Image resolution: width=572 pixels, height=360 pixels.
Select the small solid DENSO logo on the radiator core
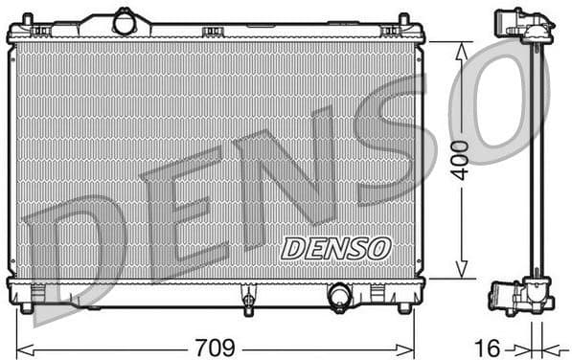336,247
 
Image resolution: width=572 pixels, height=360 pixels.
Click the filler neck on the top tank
125,20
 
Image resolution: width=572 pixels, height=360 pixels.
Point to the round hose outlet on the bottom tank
339,296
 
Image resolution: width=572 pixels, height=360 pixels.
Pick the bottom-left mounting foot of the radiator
27,307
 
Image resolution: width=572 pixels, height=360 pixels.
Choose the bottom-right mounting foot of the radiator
404,307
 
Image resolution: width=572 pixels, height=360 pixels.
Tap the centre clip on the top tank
212,32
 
